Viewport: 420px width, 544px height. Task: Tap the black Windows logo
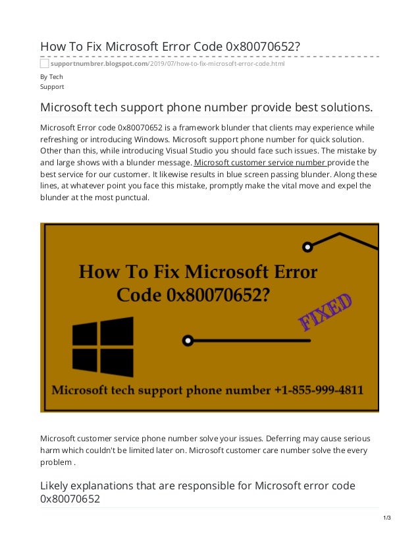click(x=103, y=342)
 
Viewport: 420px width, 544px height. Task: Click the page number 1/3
click(x=386, y=518)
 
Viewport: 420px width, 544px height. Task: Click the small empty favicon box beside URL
click(x=44, y=64)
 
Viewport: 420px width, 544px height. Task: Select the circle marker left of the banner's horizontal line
click(x=188, y=340)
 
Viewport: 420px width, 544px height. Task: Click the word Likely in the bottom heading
click(x=57, y=486)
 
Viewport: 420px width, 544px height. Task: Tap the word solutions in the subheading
click(x=338, y=107)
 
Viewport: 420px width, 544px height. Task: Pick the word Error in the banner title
click(x=288, y=271)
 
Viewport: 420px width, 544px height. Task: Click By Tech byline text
click(x=51, y=76)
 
